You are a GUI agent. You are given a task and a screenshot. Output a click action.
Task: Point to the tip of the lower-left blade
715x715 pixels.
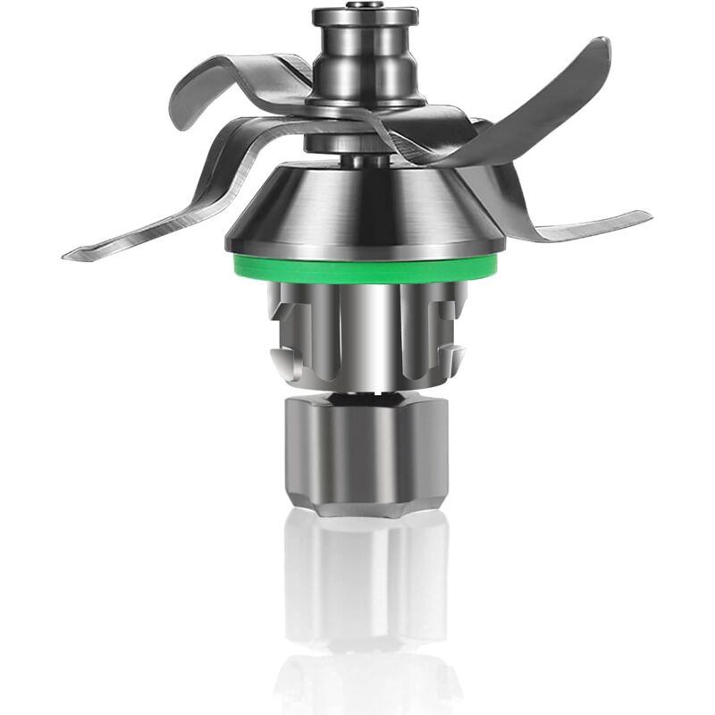pyautogui.click(x=70, y=255)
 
